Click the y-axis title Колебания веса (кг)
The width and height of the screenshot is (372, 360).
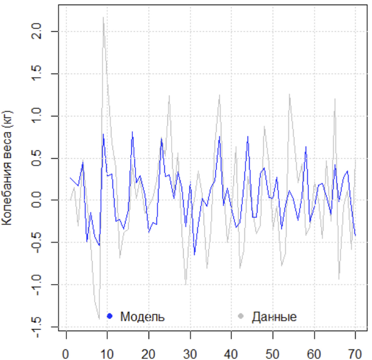click(x=9, y=168)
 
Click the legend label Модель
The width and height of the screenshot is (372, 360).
click(x=142, y=317)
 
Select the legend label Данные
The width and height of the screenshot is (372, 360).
click(x=274, y=317)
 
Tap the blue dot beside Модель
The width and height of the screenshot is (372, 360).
click(x=110, y=316)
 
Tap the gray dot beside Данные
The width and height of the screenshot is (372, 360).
click(x=241, y=316)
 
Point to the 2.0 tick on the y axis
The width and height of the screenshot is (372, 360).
click(x=42, y=31)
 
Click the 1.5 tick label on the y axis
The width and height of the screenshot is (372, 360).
click(x=42, y=73)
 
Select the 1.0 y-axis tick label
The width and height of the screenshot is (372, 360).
click(x=42, y=116)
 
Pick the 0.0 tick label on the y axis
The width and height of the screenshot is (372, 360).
click(x=42, y=200)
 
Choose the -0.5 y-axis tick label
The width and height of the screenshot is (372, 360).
click(x=42, y=242)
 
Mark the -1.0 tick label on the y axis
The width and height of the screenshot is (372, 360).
click(x=42, y=285)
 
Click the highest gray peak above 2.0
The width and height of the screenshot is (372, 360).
click(x=103, y=17)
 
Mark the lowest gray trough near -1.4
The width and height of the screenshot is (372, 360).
click(x=99, y=319)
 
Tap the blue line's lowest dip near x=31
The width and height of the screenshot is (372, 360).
click(x=195, y=255)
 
